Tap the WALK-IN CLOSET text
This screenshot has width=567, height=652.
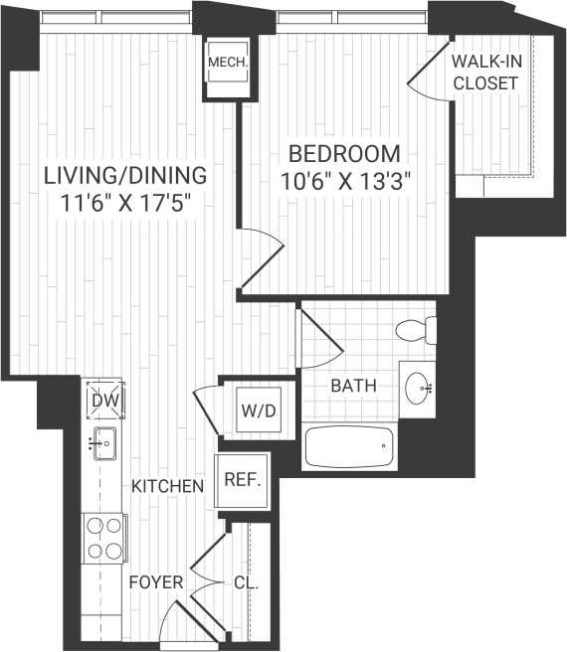[x=485, y=73]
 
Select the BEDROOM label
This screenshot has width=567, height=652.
[x=344, y=154]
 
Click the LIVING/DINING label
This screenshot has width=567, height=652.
[x=125, y=175]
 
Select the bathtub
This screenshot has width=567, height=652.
[x=348, y=446]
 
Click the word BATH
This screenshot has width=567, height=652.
[x=354, y=386]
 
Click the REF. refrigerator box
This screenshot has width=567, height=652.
[x=242, y=481]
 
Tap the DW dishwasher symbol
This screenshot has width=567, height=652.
[x=103, y=400]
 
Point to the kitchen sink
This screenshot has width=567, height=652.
[x=103, y=442]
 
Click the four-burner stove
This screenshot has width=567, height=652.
[x=103, y=538]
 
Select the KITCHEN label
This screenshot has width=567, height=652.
[x=168, y=486]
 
